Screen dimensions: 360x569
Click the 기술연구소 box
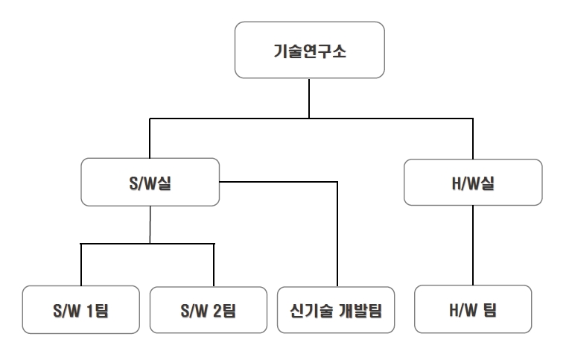pos(309,50)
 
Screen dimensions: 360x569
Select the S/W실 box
pos(150,182)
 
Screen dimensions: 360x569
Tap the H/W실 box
pos(473,182)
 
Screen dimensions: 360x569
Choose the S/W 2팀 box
pos(208,309)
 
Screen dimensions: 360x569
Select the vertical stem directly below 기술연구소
pos(309,98)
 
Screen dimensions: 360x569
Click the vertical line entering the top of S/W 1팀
pos(80,264)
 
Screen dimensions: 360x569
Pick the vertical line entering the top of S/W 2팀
pos(214,264)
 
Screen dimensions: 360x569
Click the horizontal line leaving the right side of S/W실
pos(279,181)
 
